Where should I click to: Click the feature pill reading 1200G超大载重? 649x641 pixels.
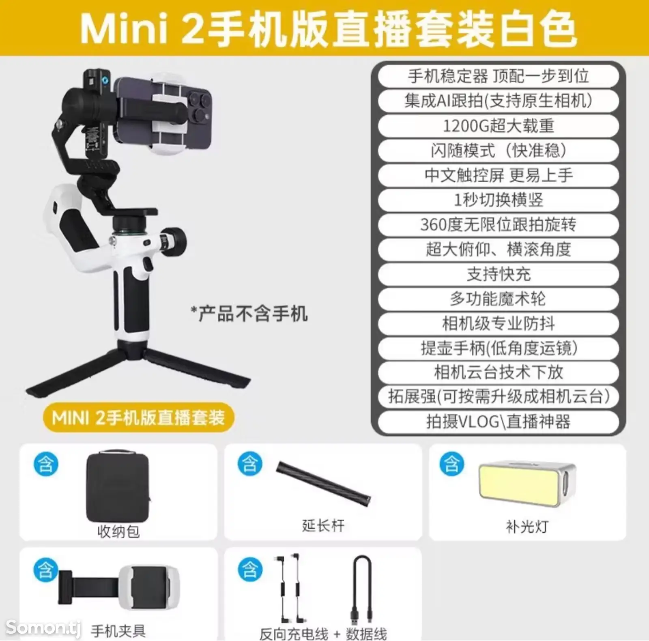[x=498, y=126]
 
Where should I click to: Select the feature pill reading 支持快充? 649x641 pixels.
[x=498, y=274]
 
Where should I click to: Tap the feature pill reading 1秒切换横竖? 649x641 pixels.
[x=498, y=200]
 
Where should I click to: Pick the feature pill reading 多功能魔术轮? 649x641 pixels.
[x=498, y=299]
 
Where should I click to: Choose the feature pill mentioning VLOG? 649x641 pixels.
[x=498, y=422]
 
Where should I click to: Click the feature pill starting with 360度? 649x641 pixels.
[x=498, y=225]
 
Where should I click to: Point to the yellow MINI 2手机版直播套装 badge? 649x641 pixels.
[x=138, y=417]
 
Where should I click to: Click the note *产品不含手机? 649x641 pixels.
[x=249, y=314]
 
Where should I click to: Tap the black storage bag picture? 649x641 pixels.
[x=118, y=486]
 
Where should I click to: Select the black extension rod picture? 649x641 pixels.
[x=323, y=483]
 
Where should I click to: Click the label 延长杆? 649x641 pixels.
[x=323, y=526]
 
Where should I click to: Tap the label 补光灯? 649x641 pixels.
[x=527, y=527]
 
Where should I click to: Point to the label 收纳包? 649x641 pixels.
[x=118, y=531]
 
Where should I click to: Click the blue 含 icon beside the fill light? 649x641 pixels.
[x=452, y=464]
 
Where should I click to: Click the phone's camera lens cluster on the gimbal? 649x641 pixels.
[x=199, y=107]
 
